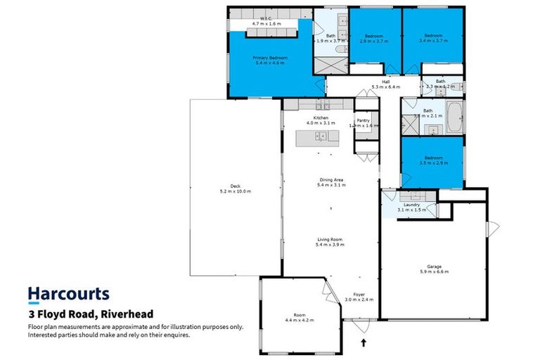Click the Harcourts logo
(68, 294)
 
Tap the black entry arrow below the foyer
(364, 343)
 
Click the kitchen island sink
(320, 136)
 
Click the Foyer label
(359, 295)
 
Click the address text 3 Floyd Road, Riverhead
(90, 314)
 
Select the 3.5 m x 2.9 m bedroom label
(432, 157)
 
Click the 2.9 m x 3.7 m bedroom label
(373, 36)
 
